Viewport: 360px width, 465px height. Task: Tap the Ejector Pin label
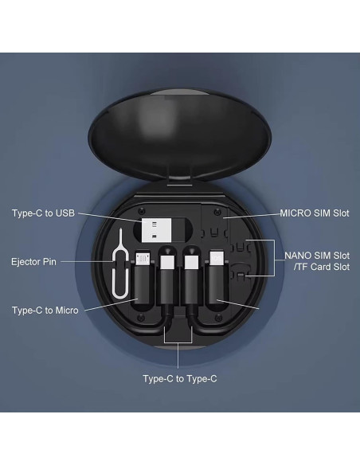pos(34,261)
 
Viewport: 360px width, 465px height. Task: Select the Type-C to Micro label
pos(45,310)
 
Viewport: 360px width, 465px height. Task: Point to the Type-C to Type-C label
pos(179,378)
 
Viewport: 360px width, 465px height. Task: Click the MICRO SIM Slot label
pos(314,213)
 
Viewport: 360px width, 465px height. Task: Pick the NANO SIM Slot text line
pos(317,256)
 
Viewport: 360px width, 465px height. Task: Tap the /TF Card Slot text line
pos(317,267)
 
